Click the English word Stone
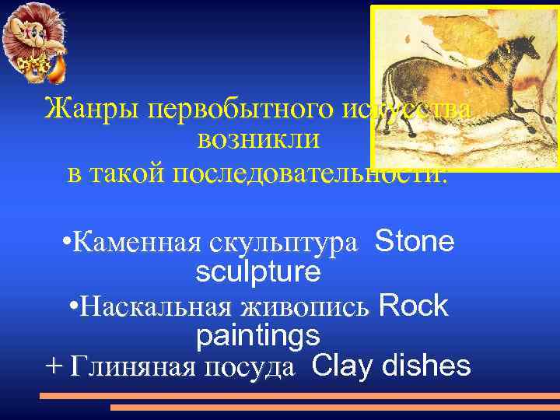(x=414, y=242)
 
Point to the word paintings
(x=257, y=336)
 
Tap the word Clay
(x=338, y=366)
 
